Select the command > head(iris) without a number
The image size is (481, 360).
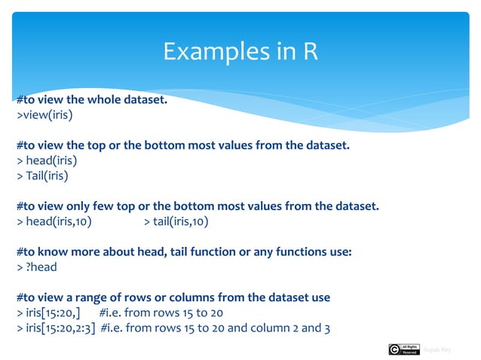coord(47,160)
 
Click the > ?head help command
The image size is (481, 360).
coord(36,267)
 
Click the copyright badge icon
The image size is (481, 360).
coord(403,349)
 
